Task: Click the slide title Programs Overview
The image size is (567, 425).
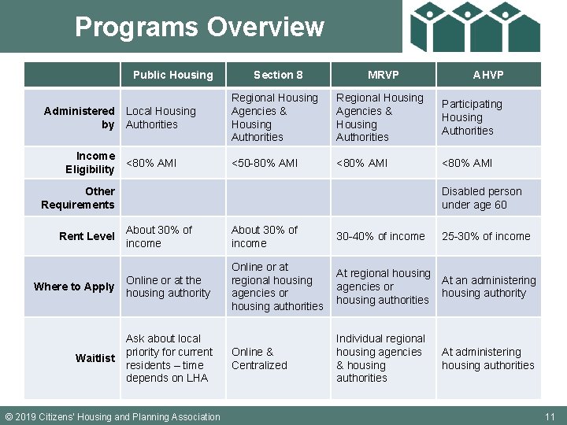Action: pos(199,27)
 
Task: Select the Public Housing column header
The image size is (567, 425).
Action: pos(172,75)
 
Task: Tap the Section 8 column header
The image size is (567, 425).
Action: pos(278,75)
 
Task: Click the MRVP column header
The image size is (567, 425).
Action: pos(384,75)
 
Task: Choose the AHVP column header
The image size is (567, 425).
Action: pos(488,75)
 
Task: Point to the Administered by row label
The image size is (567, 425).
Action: pos(80,117)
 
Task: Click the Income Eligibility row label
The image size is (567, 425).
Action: pos(90,163)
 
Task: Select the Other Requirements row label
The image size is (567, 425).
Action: pos(78,198)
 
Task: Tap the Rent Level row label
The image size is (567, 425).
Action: pos(87,236)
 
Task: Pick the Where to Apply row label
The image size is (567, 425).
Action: pos(74,286)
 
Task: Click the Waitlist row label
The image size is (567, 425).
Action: pos(95,358)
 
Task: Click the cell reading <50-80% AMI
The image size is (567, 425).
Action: pos(265,163)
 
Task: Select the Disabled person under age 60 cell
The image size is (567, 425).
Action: pos(481,198)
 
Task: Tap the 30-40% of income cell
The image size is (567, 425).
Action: pos(380,236)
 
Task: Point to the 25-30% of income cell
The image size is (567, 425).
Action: pos(486,236)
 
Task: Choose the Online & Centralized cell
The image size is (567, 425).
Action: pos(260,358)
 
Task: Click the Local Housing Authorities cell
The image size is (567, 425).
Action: pos(161,117)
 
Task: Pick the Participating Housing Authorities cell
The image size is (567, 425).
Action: pos(472,117)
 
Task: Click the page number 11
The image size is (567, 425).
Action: pos(550,416)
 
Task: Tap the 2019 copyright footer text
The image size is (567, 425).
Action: pos(113,416)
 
